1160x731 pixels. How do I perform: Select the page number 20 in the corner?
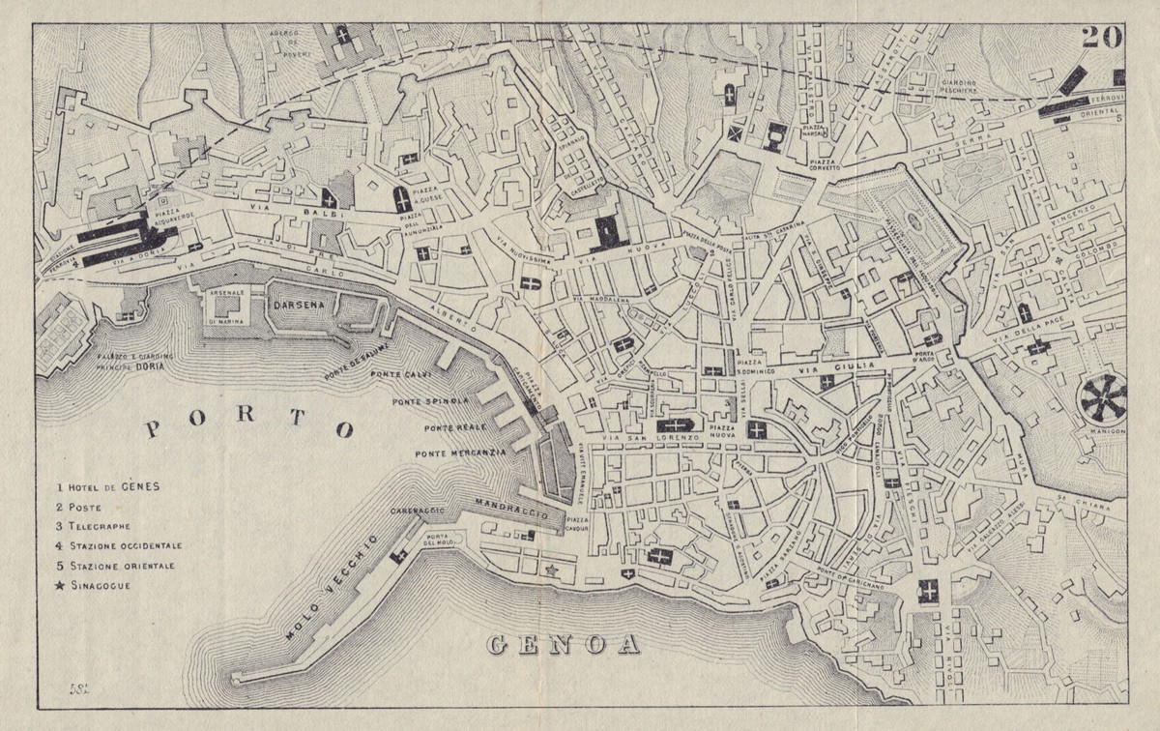click(1101, 37)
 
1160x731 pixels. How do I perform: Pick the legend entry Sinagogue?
click(101, 585)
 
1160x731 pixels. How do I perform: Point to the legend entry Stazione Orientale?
click(120, 566)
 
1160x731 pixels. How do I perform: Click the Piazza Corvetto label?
click(823, 162)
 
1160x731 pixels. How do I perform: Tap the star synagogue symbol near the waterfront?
click(553, 570)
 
